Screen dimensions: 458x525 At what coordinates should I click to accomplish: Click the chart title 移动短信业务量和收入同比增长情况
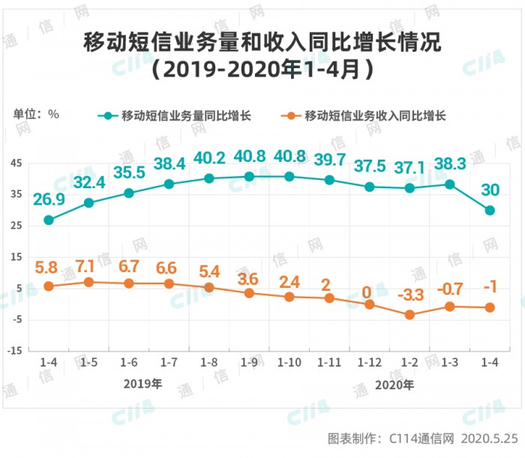coord(262,42)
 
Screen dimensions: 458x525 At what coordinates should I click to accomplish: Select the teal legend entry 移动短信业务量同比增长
coord(178,115)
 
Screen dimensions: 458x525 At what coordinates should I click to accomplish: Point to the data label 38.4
coord(169,163)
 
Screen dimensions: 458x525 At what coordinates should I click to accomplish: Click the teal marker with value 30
coord(490,211)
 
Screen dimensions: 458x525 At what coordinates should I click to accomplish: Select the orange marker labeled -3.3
coord(409,315)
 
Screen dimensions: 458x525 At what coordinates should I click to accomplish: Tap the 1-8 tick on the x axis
coord(208,363)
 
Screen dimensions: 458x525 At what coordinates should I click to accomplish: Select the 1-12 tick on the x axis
coord(369,363)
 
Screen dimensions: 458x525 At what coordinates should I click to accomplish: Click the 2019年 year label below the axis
coord(142,385)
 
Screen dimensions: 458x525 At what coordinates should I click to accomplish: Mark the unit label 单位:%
coord(36,115)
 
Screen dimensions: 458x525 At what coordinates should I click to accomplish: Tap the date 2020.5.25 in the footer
coord(490,438)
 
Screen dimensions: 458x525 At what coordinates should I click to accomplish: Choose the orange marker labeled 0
coord(370,304)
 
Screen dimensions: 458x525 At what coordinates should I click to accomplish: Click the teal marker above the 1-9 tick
coord(249,176)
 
